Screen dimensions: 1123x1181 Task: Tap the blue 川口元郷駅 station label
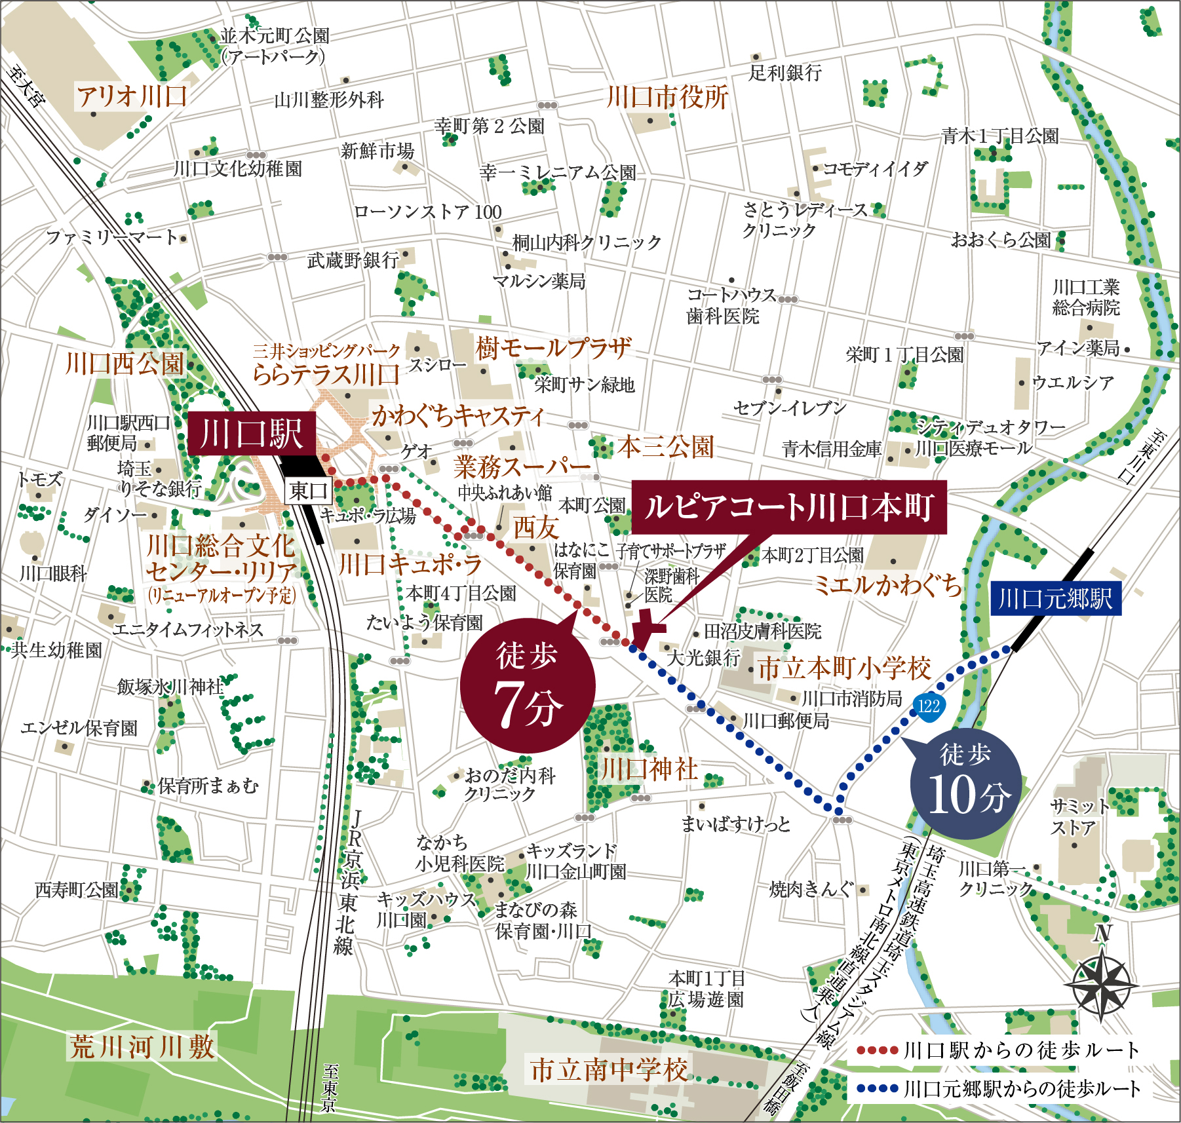(1056, 598)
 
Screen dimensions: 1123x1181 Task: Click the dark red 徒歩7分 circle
(528, 685)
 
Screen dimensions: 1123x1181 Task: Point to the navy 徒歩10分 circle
(966, 783)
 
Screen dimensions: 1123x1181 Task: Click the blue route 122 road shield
(929, 706)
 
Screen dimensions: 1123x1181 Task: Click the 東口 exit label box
(308, 490)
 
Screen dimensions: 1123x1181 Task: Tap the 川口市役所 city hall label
(667, 98)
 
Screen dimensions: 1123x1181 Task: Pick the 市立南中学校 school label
(609, 1070)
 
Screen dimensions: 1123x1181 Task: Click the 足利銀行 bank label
(785, 73)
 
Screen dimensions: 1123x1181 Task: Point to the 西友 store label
(535, 527)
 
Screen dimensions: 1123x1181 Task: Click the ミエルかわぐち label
(888, 585)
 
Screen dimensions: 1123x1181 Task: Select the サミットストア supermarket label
(1078, 817)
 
